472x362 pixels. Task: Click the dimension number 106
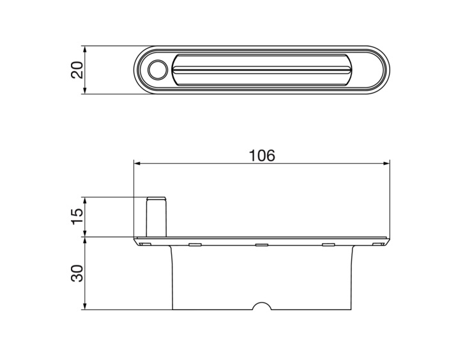click(262, 156)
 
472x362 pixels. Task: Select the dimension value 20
click(77, 70)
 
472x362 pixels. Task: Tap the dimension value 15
click(77, 216)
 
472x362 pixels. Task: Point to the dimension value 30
click(77, 273)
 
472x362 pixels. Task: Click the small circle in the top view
click(157, 70)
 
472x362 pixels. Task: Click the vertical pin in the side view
click(156, 217)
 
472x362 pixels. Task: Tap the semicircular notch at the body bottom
click(262, 306)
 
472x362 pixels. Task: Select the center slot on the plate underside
click(262, 245)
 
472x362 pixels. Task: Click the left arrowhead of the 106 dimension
click(137, 164)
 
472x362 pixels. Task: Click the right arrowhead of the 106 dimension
click(386, 164)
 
